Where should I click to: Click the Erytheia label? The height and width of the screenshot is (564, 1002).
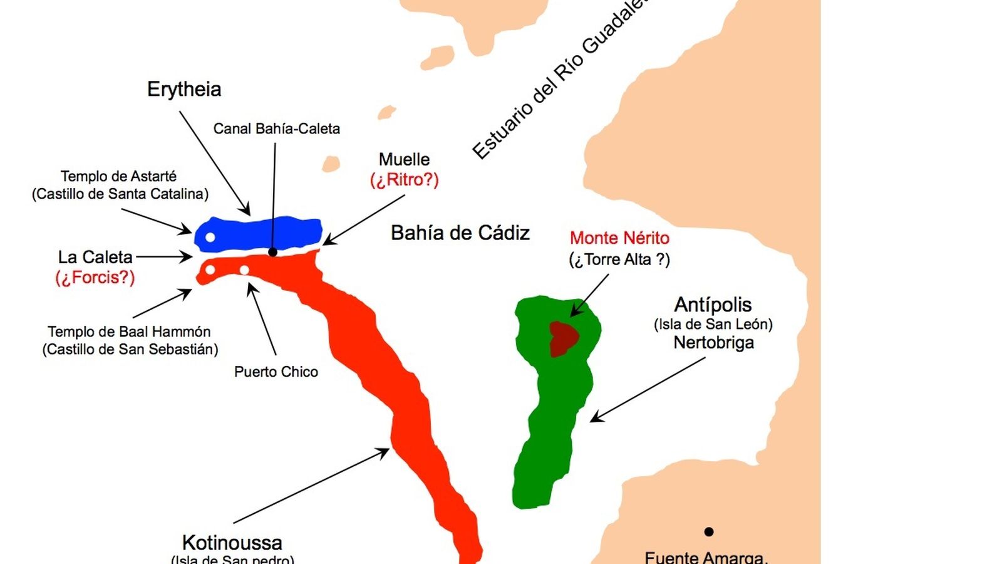point(184,89)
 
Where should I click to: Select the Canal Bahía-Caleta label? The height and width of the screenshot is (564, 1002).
point(276,128)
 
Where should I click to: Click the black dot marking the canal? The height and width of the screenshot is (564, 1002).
point(272,252)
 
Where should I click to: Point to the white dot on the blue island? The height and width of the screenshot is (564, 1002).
point(210,237)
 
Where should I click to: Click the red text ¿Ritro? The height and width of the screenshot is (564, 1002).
point(404,180)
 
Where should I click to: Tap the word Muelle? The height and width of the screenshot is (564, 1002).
point(404,159)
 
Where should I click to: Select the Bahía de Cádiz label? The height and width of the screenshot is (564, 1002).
point(460,233)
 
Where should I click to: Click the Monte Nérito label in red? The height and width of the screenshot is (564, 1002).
point(619,238)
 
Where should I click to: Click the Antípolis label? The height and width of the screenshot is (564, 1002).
point(713,305)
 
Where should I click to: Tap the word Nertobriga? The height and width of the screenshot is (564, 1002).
point(713,343)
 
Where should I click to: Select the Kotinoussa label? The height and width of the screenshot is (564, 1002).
point(232,542)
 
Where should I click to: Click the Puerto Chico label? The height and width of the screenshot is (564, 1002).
point(276,372)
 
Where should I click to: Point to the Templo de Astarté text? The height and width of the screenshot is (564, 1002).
point(119,176)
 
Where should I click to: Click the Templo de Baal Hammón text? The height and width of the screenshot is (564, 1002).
point(129,332)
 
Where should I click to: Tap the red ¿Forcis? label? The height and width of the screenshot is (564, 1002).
point(95,277)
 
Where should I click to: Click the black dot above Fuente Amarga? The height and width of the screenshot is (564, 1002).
point(708,531)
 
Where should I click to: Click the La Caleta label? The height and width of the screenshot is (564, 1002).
point(95,257)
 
